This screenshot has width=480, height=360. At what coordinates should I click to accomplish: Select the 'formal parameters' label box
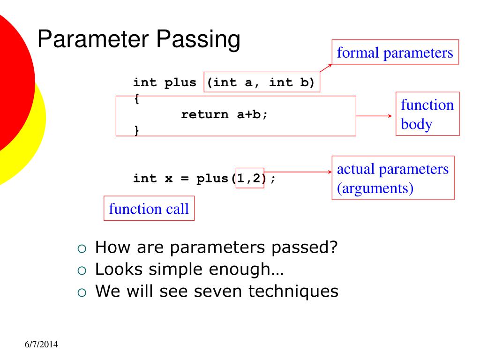tap(395, 53)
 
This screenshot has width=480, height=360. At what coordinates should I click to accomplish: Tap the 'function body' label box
tap(427, 114)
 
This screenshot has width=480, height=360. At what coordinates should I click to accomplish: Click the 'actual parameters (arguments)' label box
tap(393, 178)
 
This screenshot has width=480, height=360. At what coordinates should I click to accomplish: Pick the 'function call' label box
tap(149, 209)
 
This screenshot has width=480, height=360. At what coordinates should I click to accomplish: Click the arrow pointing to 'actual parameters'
tap(298, 172)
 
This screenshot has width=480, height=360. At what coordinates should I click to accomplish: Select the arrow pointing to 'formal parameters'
tap(326, 68)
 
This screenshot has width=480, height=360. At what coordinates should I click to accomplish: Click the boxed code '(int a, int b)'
tap(262, 83)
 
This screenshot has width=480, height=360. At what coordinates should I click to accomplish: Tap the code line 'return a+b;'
tap(225, 114)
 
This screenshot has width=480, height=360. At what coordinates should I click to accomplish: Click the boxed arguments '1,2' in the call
tap(250, 178)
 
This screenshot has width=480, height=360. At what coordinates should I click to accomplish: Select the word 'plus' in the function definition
tap(180, 83)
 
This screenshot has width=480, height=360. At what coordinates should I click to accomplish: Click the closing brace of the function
tap(136, 130)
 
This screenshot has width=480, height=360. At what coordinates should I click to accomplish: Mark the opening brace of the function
tap(136, 99)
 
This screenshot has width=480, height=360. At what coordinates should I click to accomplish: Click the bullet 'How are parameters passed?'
tap(216, 247)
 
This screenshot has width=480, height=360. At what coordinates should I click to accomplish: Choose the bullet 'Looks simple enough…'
tap(189, 269)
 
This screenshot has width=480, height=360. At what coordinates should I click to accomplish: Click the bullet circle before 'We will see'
tap(82, 292)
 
